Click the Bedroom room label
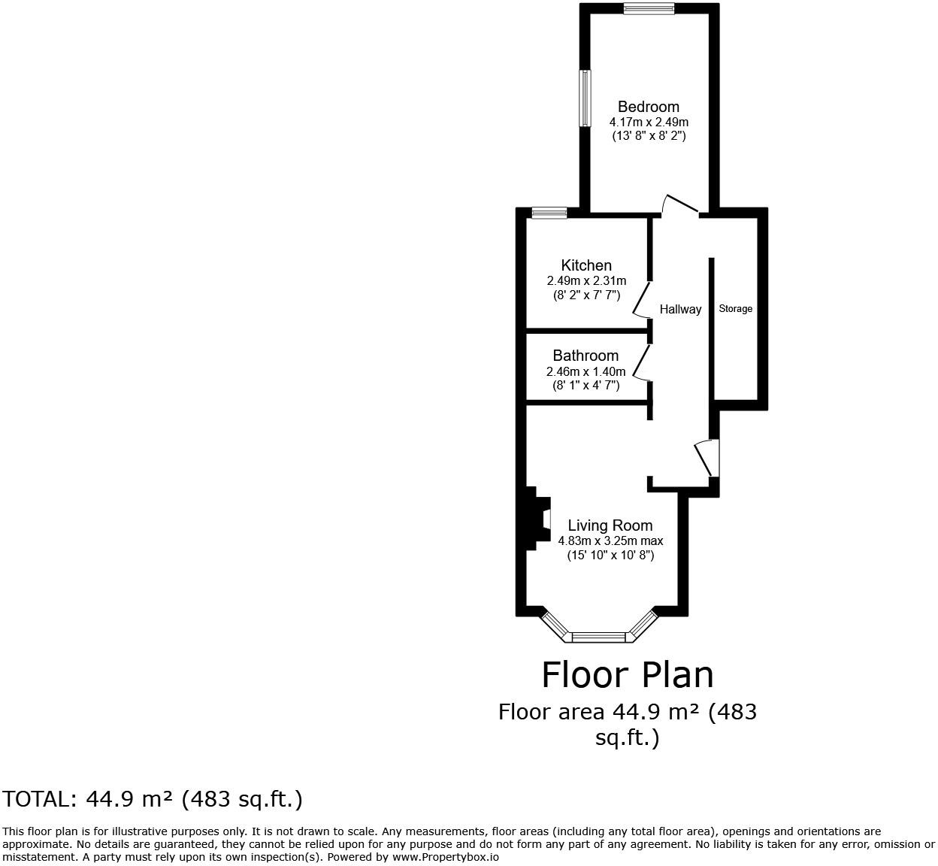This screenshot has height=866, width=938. (x=648, y=107)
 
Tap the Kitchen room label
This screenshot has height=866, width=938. (x=586, y=265)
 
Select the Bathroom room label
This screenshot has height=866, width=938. (x=585, y=356)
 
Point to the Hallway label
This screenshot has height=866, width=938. (x=680, y=309)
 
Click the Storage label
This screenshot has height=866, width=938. (x=735, y=309)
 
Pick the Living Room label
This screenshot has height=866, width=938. (x=610, y=525)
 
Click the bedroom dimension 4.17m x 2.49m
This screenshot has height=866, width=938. (x=649, y=122)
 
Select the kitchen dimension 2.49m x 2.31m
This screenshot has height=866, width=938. (x=586, y=280)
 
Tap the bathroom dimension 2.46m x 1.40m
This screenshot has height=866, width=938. (x=585, y=371)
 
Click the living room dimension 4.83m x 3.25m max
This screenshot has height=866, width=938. (x=610, y=540)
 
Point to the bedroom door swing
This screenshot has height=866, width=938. (x=680, y=204)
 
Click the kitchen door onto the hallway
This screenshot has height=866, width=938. (x=641, y=300)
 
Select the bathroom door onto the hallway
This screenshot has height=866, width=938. (x=641, y=363)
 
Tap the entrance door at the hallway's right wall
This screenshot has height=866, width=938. (x=705, y=458)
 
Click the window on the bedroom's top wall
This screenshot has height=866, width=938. (x=649, y=9)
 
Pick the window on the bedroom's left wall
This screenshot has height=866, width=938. (x=583, y=98)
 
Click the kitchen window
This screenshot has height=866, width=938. (x=549, y=213)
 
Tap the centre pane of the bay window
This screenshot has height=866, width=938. (x=598, y=637)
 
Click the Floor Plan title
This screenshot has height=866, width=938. (x=628, y=674)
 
